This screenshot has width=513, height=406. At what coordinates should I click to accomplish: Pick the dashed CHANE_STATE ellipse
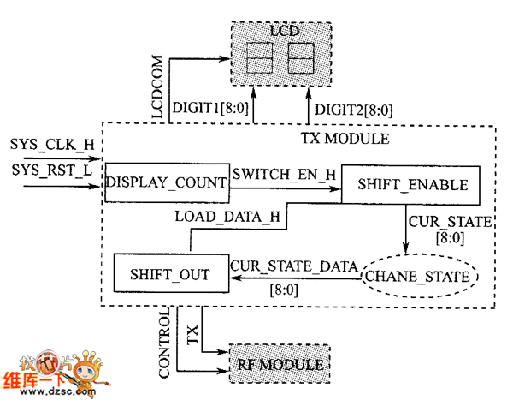pos(418,276)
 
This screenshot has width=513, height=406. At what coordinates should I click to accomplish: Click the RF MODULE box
pos(280,366)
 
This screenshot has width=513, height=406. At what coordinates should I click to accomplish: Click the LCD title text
pos(280,32)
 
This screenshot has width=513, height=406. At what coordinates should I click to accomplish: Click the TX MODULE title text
pos(345,137)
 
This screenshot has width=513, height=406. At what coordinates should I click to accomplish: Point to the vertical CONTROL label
pos(166,347)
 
